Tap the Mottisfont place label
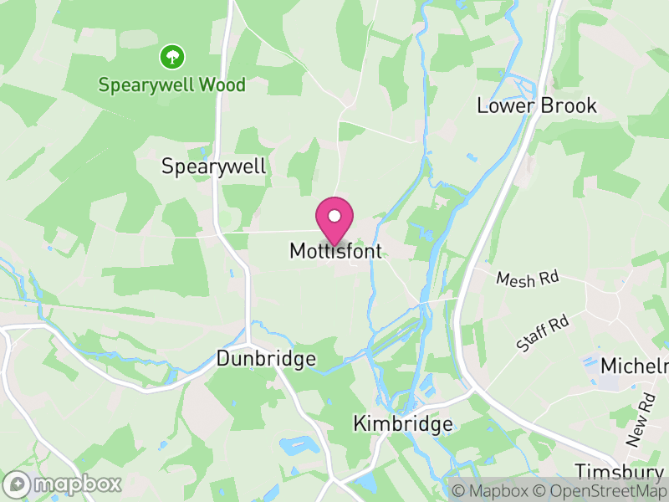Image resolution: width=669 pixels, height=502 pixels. pyautogui.click(x=335, y=250)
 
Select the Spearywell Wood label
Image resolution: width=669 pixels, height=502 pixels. pyautogui.click(x=172, y=85)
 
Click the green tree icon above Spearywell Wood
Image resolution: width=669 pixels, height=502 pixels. pyautogui.click(x=172, y=57)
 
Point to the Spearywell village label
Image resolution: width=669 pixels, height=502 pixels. pyautogui.click(x=214, y=166)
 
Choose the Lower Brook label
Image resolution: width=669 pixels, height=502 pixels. pyautogui.click(x=537, y=105)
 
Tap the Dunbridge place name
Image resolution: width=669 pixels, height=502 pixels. pyautogui.click(x=266, y=359)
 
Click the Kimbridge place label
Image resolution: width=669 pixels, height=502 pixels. pyautogui.click(x=403, y=423)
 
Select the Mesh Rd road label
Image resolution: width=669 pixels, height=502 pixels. pyautogui.click(x=528, y=278)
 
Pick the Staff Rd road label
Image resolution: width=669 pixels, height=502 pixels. pyautogui.click(x=542, y=331)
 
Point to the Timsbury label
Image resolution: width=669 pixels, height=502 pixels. pyautogui.click(x=620, y=470)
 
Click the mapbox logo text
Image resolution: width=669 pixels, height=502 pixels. pyautogui.click(x=77, y=484)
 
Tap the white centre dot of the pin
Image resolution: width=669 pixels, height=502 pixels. pyautogui.click(x=334, y=216)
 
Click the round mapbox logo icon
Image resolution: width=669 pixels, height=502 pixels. pyautogui.click(x=17, y=484)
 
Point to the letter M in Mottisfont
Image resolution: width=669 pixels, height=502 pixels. pyautogui.click(x=299, y=250)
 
